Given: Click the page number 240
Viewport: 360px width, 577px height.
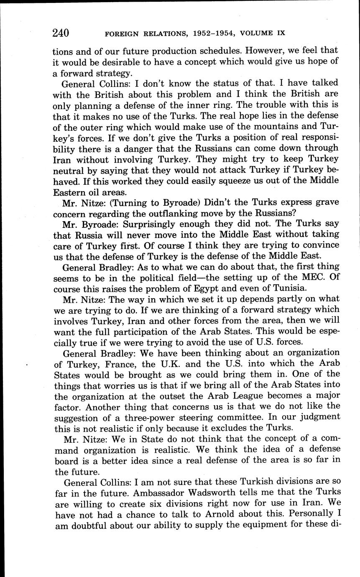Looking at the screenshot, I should [x=61, y=33].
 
